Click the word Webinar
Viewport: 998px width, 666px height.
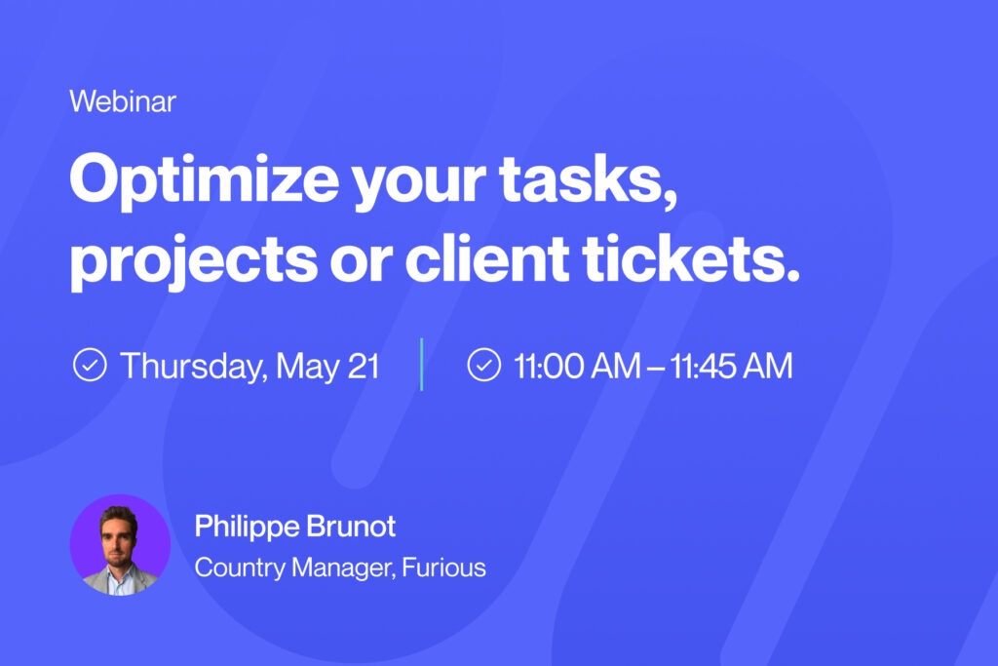coord(123,101)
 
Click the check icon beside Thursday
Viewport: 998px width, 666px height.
coord(90,365)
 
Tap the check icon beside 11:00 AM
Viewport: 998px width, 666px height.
coord(484,365)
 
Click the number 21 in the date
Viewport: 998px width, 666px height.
coord(363,366)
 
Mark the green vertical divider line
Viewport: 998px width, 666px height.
coord(421,364)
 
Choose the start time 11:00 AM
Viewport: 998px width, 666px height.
coord(577,366)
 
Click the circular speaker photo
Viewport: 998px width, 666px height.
coord(120,545)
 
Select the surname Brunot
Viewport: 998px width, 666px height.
coord(351,526)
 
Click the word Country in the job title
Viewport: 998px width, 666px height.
coord(240,568)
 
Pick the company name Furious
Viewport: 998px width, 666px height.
coord(443,567)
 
